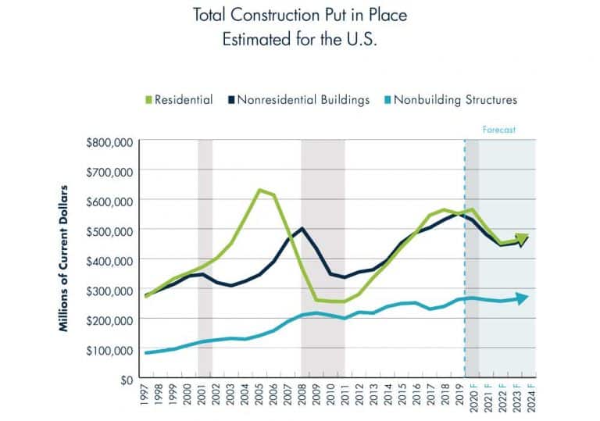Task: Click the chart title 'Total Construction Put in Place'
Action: point(301,16)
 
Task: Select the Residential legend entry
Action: point(177,100)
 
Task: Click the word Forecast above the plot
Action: point(499,130)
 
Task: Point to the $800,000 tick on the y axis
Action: point(110,142)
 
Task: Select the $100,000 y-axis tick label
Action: point(110,350)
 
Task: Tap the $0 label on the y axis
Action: point(125,380)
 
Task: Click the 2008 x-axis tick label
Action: point(302,399)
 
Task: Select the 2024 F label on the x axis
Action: point(529,401)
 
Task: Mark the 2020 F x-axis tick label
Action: point(472,401)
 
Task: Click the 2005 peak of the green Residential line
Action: point(259,190)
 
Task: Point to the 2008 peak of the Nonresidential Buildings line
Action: point(302,229)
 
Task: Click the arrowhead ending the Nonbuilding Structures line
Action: point(523,298)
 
